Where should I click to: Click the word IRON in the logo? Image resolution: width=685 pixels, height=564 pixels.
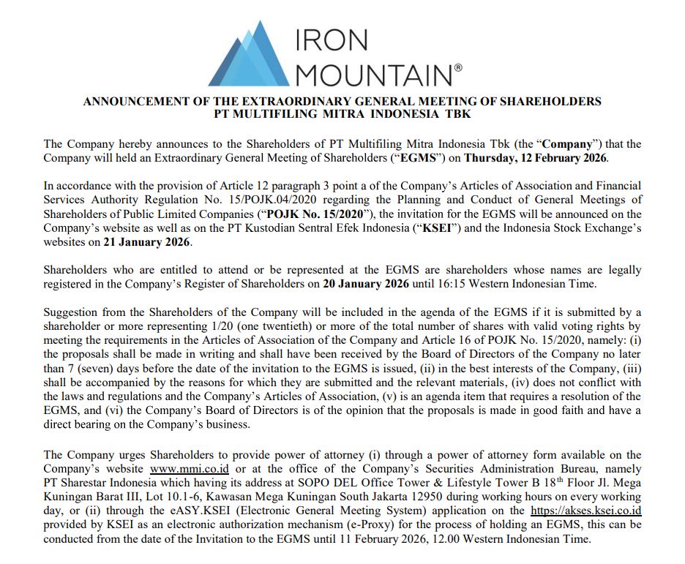pos(332,42)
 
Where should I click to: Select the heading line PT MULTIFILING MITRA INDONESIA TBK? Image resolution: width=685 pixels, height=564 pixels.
pos(342,114)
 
